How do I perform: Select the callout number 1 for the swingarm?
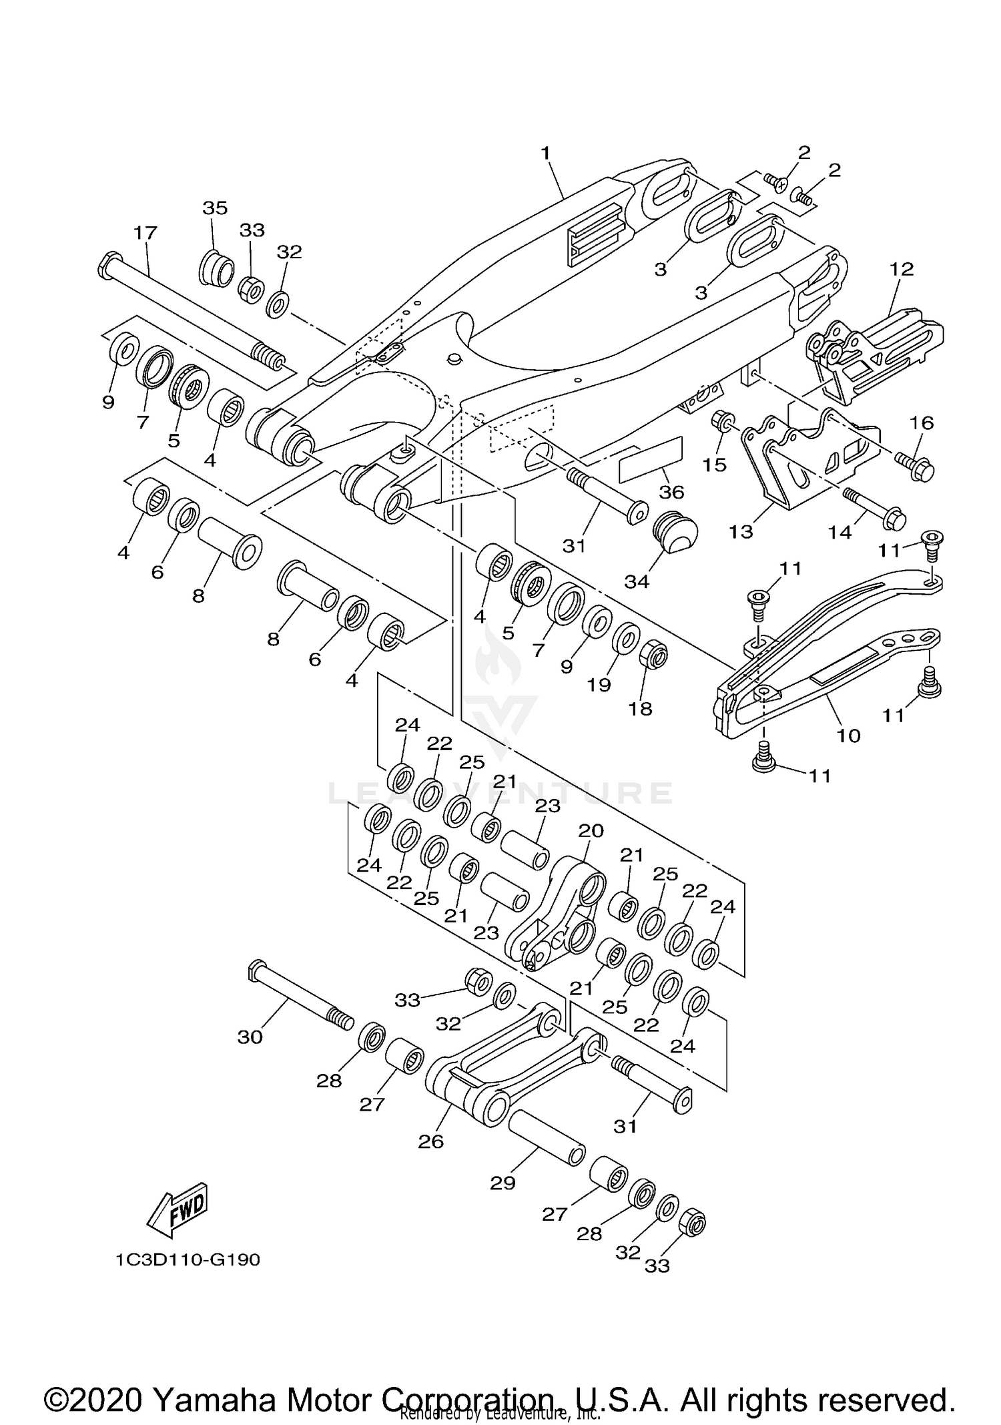pyautogui.click(x=545, y=153)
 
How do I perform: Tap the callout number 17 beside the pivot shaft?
pyautogui.click(x=145, y=233)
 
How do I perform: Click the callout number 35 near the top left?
pyautogui.click(x=215, y=208)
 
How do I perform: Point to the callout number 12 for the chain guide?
pyautogui.click(x=902, y=269)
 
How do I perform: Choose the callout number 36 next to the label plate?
pyautogui.click(x=671, y=492)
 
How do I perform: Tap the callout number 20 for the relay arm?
pyautogui.click(x=591, y=830)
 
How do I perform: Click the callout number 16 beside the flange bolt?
pyautogui.click(x=922, y=422)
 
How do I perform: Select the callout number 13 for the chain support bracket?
pyautogui.click(x=741, y=531)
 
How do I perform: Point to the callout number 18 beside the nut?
pyautogui.click(x=640, y=708)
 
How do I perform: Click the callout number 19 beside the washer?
pyautogui.click(x=599, y=685)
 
